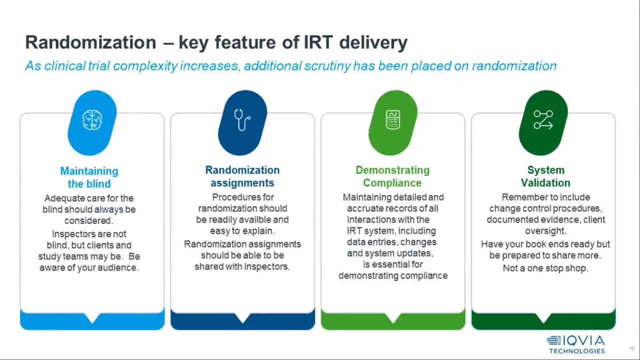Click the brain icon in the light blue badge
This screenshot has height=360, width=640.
tap(92, 120)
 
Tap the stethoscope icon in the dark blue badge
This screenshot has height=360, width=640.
tap(242, 119)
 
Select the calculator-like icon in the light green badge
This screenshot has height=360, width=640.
tap(393, 119)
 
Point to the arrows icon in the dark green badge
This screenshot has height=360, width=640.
tap(543, 119)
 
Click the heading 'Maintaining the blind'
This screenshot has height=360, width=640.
tap(89, 177)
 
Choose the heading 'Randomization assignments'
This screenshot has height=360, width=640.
tap(242, 176)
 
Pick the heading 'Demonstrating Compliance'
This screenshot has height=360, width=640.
tap(392, 176)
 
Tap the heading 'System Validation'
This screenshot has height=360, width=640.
tap(545, 176)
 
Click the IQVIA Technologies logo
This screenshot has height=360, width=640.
tap(576, 344)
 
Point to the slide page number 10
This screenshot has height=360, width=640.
tap(631, 348)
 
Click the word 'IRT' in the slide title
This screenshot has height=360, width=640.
tap(318, 42)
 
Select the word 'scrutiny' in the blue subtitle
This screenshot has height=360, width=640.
tap(327, 66)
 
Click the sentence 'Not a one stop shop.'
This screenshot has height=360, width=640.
tap(545, 268)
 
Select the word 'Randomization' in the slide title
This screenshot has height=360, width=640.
tap(90, 42)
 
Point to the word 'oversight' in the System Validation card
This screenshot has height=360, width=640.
tap(545, 231)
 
